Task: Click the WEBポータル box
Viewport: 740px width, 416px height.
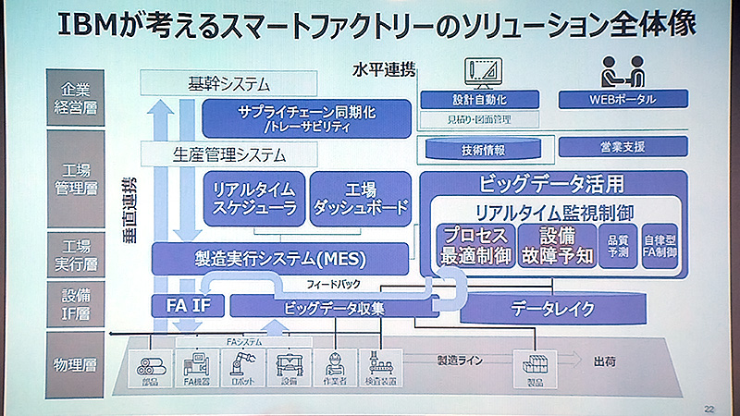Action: (x=623, y=99)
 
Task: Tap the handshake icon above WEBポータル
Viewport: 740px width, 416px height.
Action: (x=623, y=71)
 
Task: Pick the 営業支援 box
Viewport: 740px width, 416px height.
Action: (x=623, y=146)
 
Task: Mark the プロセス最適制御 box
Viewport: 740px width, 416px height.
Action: (x=474, y=245)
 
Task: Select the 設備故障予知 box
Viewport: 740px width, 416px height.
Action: (x=553, y=245)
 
